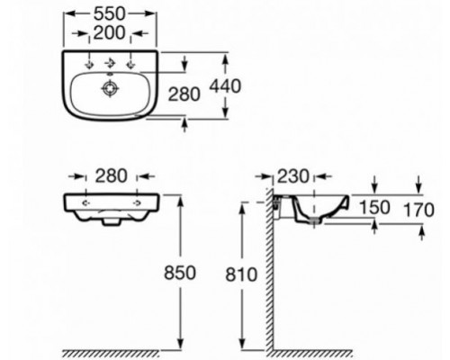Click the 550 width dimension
[109, 13]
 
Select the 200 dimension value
[109, 32]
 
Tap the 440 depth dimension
[225, 86]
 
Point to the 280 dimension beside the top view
[184, 94]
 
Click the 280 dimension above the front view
[111, 176]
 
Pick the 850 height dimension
[180, 273]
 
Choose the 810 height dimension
[241, 274]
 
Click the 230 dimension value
[292, 176]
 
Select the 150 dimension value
[374, 207]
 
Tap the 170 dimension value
[418, 210]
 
